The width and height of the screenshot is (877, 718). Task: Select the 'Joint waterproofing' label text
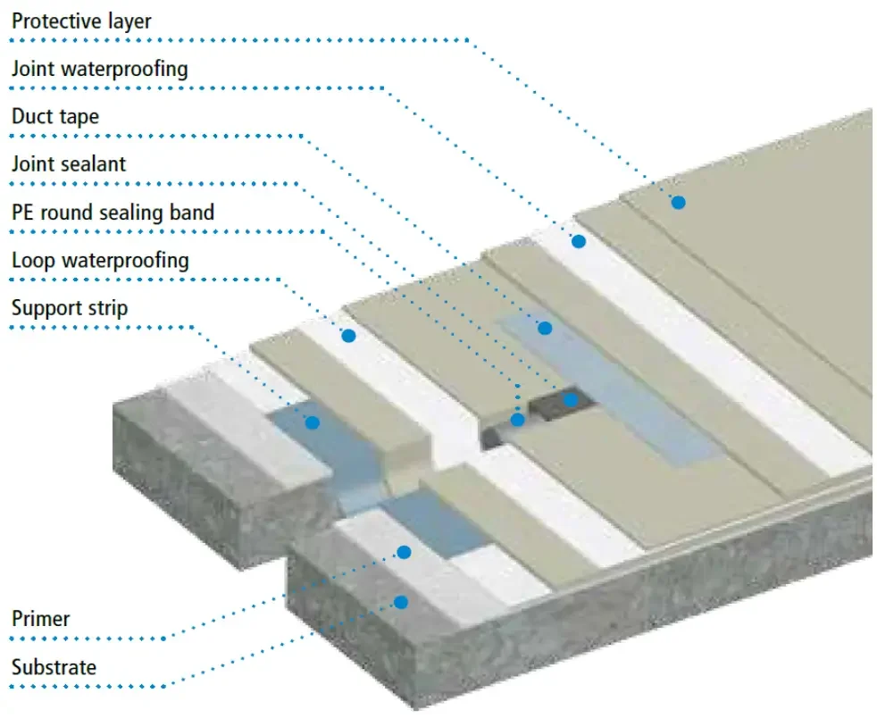99,69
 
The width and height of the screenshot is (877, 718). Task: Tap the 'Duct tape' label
54,116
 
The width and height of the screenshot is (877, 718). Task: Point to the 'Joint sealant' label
69,164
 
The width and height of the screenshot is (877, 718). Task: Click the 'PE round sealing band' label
113,213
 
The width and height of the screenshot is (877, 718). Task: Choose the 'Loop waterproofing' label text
100,261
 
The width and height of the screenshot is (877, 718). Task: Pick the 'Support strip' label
70,309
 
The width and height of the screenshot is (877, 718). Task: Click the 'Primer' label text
40,619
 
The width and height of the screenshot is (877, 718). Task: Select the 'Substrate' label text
54,667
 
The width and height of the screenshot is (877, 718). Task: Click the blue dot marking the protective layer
679,203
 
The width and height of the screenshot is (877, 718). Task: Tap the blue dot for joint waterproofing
579,241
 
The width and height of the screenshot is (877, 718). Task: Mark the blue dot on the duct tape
545,328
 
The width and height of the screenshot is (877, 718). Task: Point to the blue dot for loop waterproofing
348,336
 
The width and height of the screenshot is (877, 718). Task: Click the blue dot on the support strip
312,422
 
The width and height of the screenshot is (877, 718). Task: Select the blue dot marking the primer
404,553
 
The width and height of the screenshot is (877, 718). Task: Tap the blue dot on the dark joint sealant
570,400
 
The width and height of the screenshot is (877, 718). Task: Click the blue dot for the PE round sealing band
517,419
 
